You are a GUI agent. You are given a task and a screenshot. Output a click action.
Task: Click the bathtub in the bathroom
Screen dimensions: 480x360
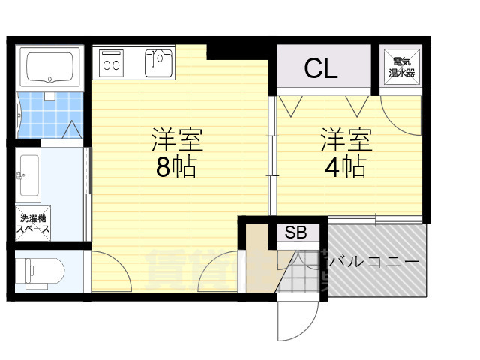50,67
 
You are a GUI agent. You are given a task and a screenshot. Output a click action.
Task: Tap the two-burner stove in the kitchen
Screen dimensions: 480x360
111,63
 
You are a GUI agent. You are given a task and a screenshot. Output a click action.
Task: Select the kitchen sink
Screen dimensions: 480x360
158,63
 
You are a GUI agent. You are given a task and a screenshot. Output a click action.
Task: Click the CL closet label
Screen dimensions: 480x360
321,68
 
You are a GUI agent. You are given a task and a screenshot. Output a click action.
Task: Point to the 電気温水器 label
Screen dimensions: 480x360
402,67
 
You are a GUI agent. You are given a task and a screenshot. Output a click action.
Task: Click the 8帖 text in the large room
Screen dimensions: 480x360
175,167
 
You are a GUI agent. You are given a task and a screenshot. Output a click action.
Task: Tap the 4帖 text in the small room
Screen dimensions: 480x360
345,167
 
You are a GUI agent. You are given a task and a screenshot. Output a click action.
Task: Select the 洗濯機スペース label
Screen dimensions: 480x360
33,223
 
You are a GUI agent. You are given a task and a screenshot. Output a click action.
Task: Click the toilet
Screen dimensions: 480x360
44,271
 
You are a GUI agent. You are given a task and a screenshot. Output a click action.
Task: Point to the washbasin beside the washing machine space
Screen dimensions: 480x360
28,175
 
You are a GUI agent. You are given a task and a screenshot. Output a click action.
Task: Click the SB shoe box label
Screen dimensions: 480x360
295,232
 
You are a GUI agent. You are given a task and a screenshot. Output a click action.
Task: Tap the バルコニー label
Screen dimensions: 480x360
376,262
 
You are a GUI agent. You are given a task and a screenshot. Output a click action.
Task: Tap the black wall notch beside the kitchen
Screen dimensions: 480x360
238,52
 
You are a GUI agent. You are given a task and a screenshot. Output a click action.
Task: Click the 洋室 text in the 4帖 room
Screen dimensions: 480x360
346,140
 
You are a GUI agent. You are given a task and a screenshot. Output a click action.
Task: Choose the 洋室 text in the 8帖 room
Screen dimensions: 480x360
178,140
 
